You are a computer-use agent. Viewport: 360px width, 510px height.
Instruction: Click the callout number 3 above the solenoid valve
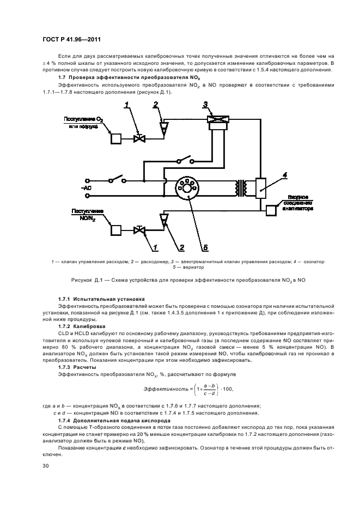click(205, 104)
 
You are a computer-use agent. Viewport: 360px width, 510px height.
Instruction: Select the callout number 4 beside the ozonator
click(284, 175)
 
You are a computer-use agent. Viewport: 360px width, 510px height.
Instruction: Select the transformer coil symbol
click(240, 188)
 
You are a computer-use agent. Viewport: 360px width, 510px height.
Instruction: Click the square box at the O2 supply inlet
click(116, 138)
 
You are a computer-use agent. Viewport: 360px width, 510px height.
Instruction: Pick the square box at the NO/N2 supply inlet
click(116, 229)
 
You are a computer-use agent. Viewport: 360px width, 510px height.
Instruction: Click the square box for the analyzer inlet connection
click(271, 211)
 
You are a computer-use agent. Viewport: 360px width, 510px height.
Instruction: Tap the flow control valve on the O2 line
click(139, 138)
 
